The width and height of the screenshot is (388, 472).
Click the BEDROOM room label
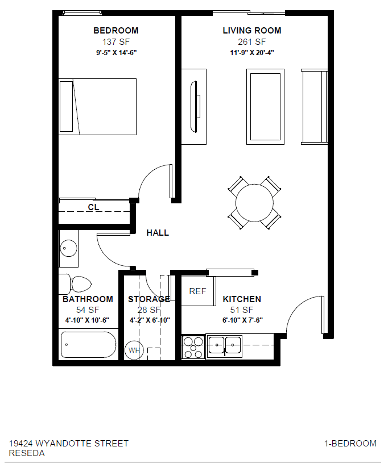tap(115, 31)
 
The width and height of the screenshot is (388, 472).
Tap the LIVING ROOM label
tap(251, 31)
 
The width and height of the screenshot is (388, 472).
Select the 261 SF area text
tap(251, 42)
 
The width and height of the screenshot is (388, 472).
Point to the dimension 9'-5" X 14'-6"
tap(116, 53)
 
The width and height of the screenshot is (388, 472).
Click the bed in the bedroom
tap(98, 107)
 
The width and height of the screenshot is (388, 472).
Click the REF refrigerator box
tap(197, 291)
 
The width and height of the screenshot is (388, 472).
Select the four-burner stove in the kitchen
tap(193, 347)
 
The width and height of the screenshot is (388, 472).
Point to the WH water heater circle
tap(134, 350)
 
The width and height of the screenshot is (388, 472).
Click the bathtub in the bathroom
tap(88, 345)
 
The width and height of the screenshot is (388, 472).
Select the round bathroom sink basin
tap(69, 248)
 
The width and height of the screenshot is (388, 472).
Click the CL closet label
tap(93, 207)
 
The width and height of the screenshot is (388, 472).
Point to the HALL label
tap(158, 233)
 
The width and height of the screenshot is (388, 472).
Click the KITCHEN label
tap(242, 299)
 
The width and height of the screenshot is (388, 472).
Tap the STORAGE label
tap(148, 299)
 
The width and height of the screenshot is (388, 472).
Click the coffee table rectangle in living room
tap(265, 106)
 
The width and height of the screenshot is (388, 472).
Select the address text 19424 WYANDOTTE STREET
tap(69, 444)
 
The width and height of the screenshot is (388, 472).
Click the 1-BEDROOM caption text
tap(350, 444)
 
